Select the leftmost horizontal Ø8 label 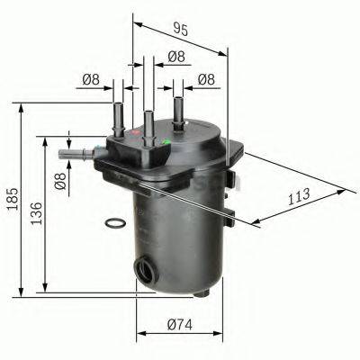(90, 81)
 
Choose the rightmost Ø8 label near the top (206, 80)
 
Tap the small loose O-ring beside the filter (113, 222)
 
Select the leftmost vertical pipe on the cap (117, 117)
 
